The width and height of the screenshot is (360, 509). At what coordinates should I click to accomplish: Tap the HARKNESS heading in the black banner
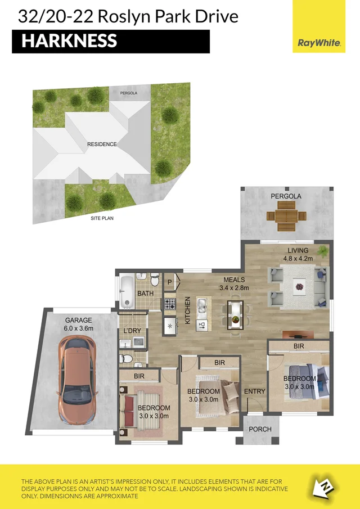(69, 41)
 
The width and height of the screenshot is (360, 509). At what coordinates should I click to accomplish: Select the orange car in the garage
(77, 373)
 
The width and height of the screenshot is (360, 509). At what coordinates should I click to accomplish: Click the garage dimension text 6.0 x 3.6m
(77, 328)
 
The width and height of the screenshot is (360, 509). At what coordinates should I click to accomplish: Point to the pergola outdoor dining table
(286, 216)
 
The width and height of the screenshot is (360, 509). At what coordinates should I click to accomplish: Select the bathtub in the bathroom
(127, 291)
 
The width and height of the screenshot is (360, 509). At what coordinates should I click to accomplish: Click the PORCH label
(260, 429)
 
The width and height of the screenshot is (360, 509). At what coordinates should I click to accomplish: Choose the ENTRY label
(254, 391)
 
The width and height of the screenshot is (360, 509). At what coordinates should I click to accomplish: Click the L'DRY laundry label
(132, 331)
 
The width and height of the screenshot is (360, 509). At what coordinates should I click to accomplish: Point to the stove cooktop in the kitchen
(169, 304)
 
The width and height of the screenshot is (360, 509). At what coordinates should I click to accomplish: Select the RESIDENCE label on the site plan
(102, 145)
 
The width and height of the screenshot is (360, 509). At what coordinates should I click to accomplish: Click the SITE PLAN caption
(102, 218)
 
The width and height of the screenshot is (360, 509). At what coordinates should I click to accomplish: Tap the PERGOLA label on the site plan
(128, 93)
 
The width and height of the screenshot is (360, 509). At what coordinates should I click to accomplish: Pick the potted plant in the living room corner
(323, 250)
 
